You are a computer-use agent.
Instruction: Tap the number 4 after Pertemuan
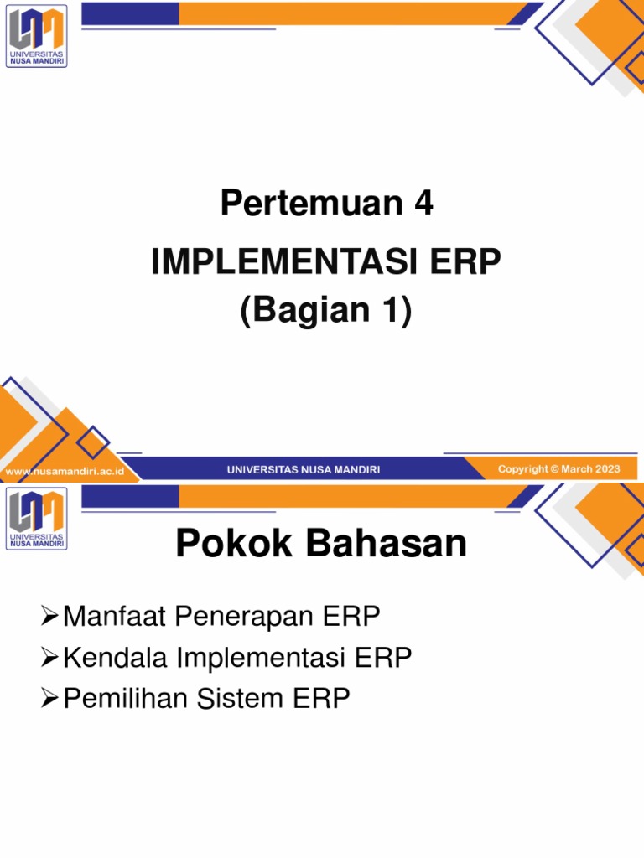click(x=423, y=204)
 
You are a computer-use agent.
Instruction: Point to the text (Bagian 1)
click(x=326, y=311)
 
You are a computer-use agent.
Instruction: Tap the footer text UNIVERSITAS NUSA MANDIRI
click(x=303, y=470)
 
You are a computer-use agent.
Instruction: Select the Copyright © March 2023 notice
click(x=558, y=469)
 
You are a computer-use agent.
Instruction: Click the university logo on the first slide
click(x=36, y=36)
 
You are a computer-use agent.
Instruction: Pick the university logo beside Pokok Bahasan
click(x=36, y=519)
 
